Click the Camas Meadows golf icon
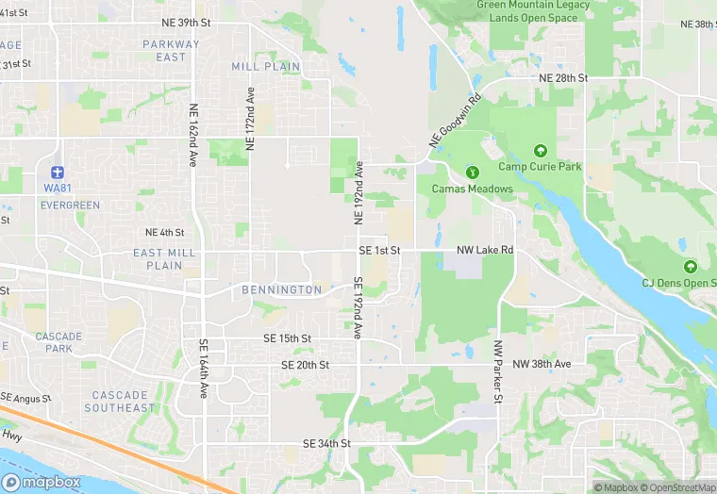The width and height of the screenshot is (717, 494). point(473,173)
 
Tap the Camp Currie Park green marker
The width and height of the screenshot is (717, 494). point(541,151)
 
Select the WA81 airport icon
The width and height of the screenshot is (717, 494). point(58,173)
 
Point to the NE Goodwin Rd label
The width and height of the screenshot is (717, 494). point(455,119)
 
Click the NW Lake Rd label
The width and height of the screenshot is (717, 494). point(485,251)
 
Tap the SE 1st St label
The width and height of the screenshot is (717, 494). point(380,251)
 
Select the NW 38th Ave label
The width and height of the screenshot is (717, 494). point(542,364)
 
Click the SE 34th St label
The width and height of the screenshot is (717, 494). point(326,443)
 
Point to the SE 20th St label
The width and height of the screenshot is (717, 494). point(305,365)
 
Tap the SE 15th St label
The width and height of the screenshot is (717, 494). point(287,338)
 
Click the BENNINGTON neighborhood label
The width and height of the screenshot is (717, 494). point(282,290)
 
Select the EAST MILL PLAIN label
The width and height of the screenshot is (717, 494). point(165,259)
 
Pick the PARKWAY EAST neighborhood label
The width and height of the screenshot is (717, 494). point(172,51)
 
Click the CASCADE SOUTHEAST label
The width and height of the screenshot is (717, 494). point(119,402)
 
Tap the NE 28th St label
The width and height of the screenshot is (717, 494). point(562,77)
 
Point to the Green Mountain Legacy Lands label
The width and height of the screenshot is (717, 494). point(534,11)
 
